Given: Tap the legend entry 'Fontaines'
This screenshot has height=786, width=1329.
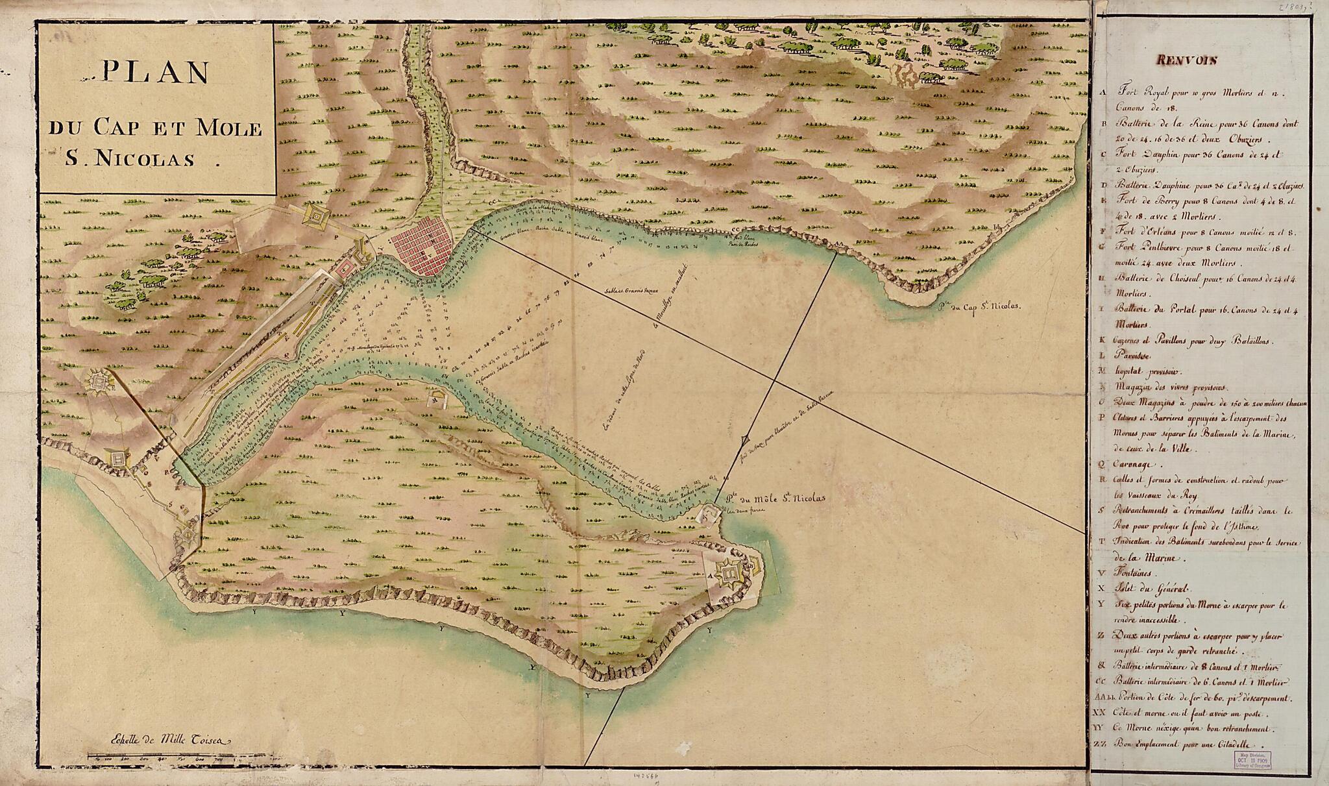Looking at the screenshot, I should click(x=1138, y=573).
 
